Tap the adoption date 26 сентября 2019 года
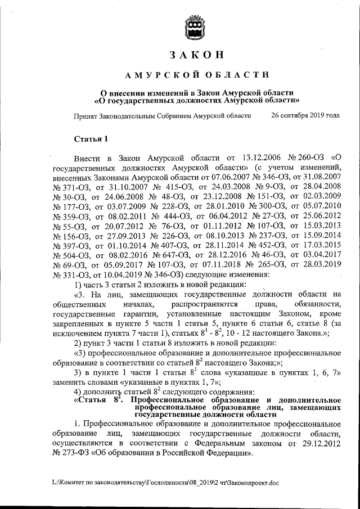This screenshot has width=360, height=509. (305, 115)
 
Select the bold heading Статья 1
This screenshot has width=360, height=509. (91, 139)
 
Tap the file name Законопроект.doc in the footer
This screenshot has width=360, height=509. (248, 483)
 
